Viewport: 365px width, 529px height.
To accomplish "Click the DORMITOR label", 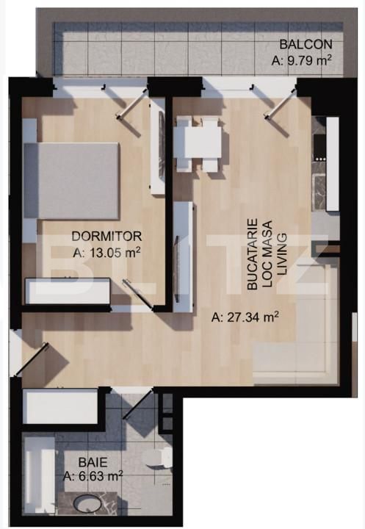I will point(106,236).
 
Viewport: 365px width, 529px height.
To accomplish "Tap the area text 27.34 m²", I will point(245,318).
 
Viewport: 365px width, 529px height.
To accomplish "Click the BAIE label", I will point(93,463).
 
